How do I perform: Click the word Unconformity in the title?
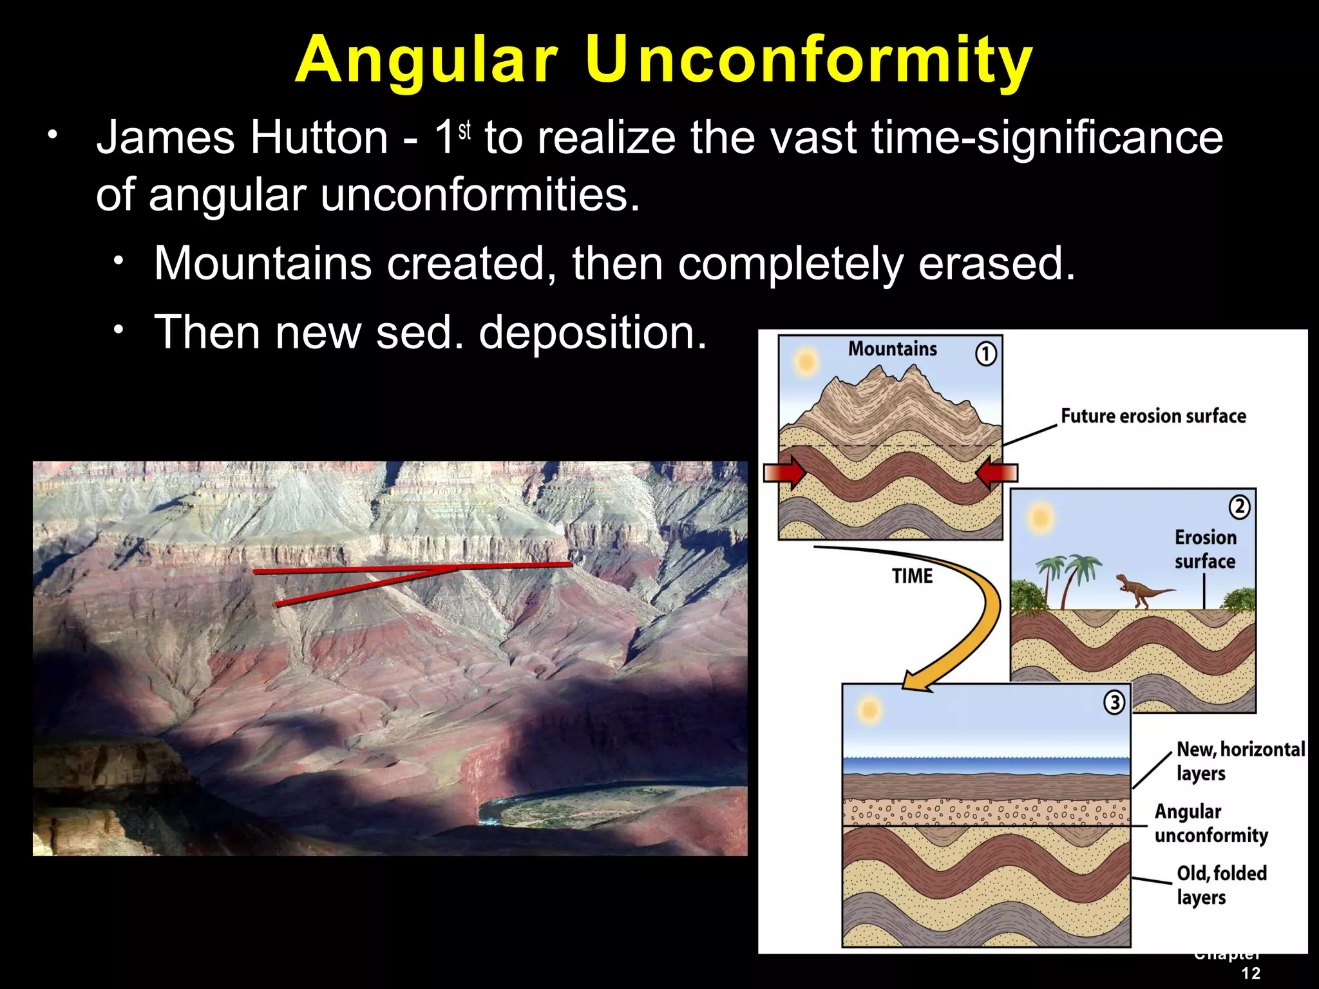(x=808, y=59)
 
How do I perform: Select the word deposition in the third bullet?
(x=593, y=332)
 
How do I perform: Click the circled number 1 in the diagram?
(x=985, y=353)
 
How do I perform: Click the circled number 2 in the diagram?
(x=1239, y=507)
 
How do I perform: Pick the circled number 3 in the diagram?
(x=1114, y=702)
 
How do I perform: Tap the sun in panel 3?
(x=869, y=710)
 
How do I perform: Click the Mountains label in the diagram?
(x=892, y=349)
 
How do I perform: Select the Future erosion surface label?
(x=1153, y=416)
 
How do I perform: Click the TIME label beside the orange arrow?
(x=912, y=576)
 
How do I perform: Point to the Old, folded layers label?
(x=1220, y=885)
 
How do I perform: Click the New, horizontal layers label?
(x=1240, y=760)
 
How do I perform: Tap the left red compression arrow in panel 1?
(x=784, y=473)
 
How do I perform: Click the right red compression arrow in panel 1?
(x=996, y=473)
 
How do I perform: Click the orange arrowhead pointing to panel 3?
(x=917, y=681)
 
